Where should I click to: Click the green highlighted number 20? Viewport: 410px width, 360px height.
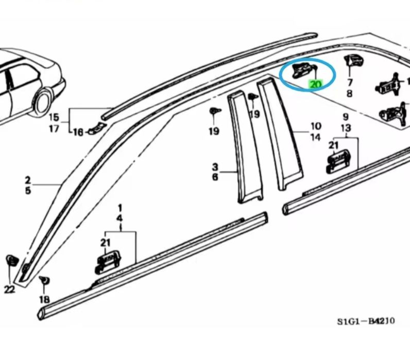[315, 84]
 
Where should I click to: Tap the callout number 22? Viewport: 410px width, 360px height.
[9, 290]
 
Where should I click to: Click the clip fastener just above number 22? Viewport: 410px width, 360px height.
[10, 261]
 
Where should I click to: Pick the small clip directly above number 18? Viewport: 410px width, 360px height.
[44, 280]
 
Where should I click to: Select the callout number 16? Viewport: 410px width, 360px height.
[78, 132]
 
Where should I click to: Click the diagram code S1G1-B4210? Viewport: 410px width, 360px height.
[366, 322]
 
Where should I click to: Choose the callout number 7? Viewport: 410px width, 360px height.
[350, 82]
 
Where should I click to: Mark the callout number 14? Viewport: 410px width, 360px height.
[315, 137]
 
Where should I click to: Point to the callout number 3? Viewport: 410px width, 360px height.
[215, 167]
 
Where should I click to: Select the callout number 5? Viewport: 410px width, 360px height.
[27, 191]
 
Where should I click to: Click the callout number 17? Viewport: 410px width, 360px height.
[54, 129]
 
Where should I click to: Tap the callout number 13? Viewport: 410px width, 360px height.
[346, 128]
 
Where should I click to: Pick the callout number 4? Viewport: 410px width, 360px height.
[119, 218]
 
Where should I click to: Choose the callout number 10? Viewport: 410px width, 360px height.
[315, 126]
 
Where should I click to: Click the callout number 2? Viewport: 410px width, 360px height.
[27, 180]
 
